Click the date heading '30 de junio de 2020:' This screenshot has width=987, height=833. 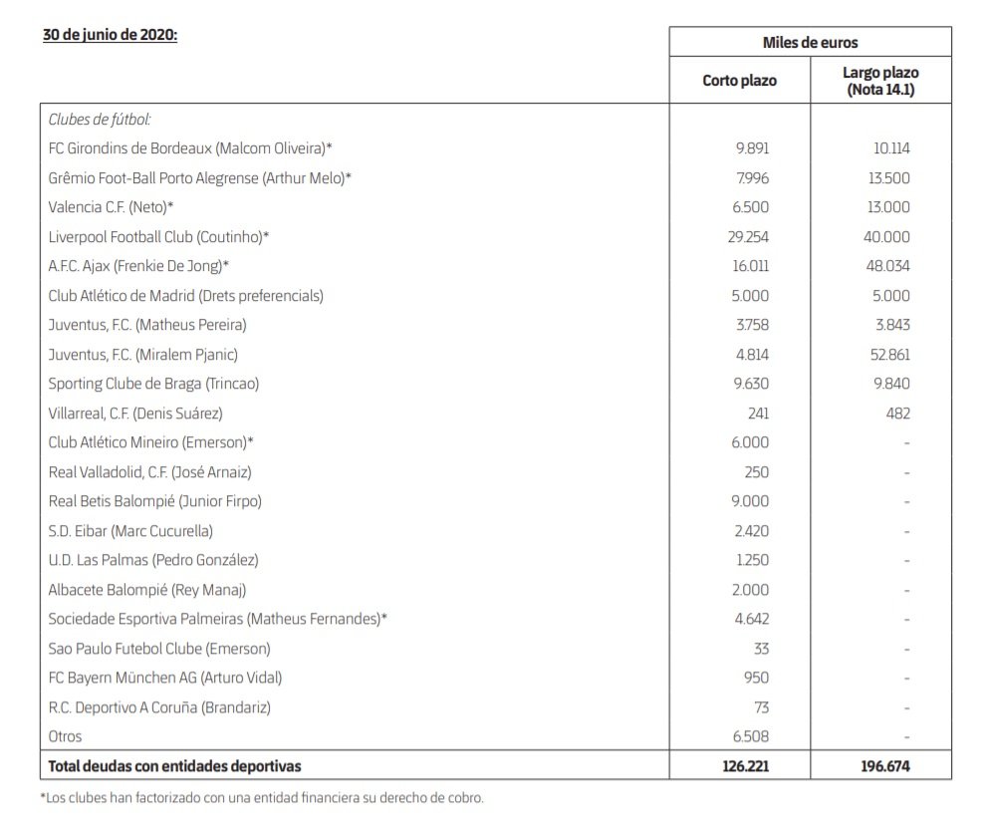(110, 34)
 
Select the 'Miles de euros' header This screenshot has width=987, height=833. (809, 43)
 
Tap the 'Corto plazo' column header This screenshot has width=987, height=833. (739, 80)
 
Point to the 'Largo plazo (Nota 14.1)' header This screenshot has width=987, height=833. (880, 80)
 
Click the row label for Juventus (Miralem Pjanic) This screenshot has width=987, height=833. (143, 354)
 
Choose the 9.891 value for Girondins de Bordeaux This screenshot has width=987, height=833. (753, 148)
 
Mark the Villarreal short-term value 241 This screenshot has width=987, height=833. (758, 413)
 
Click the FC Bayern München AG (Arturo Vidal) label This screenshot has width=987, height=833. (165, 678)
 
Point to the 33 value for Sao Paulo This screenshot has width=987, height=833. (762, 649)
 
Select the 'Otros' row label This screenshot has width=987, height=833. (66, 736)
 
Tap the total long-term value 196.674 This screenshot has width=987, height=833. (885, 766)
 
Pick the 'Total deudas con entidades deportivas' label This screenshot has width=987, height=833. (174, 766)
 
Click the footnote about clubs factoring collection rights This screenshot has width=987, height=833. (262, 797)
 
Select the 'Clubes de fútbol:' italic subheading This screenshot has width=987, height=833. (100, 120)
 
